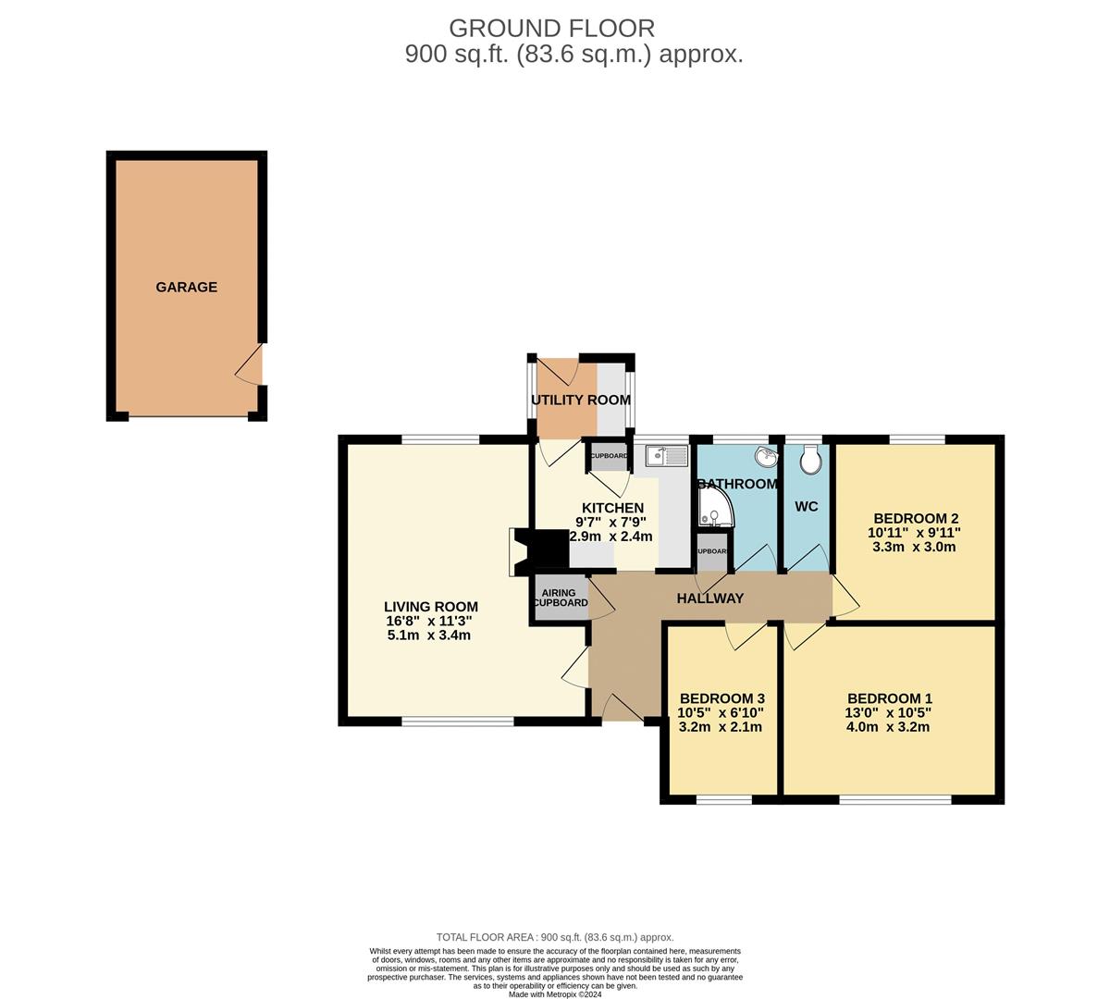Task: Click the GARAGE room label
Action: point(186,287)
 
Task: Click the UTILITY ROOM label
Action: point(581,401)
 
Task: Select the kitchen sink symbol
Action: point(667,455)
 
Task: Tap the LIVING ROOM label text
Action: point(431,607)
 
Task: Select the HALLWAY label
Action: point(709,598)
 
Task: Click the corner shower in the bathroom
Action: point(714,508)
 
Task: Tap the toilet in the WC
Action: point(812,460)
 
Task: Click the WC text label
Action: point(806,507)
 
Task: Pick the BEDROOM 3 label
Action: point(721,698)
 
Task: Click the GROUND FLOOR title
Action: point(551,29)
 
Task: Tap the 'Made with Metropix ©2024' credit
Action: point(555,993)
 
